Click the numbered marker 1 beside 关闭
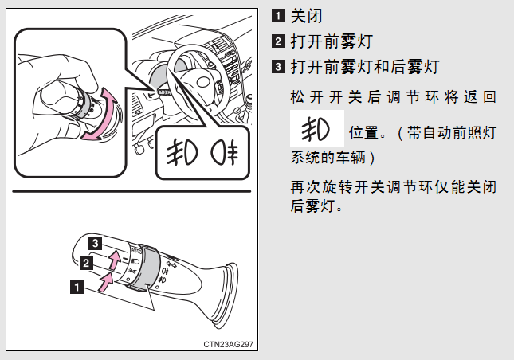(278, 15)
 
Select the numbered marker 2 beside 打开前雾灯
(278, 41)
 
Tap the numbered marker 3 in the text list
(278, 67)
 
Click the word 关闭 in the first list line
(307, 16)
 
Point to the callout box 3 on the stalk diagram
(95, 243)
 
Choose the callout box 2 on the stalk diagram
(86, 263)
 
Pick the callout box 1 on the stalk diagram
(77, 288)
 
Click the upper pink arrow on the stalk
(115, 260)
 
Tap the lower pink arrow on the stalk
(106, 282)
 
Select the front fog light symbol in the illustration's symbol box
(182, 152)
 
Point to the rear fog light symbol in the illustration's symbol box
(225, 153)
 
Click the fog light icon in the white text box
(316, 129)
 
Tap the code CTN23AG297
(228, 344)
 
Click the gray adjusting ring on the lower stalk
(148, 267)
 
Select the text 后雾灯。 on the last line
(316, 206)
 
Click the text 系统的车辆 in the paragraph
(328, 157)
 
